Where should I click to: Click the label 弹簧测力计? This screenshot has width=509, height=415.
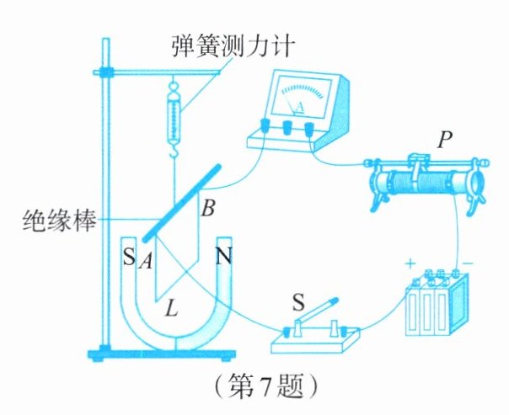[x=233, y=46]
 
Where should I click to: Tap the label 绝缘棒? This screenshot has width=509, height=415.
[x=59, y=220]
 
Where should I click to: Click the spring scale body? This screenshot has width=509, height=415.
[x=174, y=120]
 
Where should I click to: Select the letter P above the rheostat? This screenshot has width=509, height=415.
[x=444, y=140]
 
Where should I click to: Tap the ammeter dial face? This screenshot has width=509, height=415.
[x=301, y=96]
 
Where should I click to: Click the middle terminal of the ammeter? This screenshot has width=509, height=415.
[x=287, y=127]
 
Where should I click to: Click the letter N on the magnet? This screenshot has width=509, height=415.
[x=224, y=256]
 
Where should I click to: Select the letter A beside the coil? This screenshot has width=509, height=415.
[x=146, y=261]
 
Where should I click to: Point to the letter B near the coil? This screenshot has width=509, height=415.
[x=208, y=208]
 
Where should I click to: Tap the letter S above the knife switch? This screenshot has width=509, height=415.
[x=298, y=302]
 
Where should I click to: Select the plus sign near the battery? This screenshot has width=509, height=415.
[x=410, y=263]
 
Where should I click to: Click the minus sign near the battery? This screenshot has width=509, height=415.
[x=468, y=263]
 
